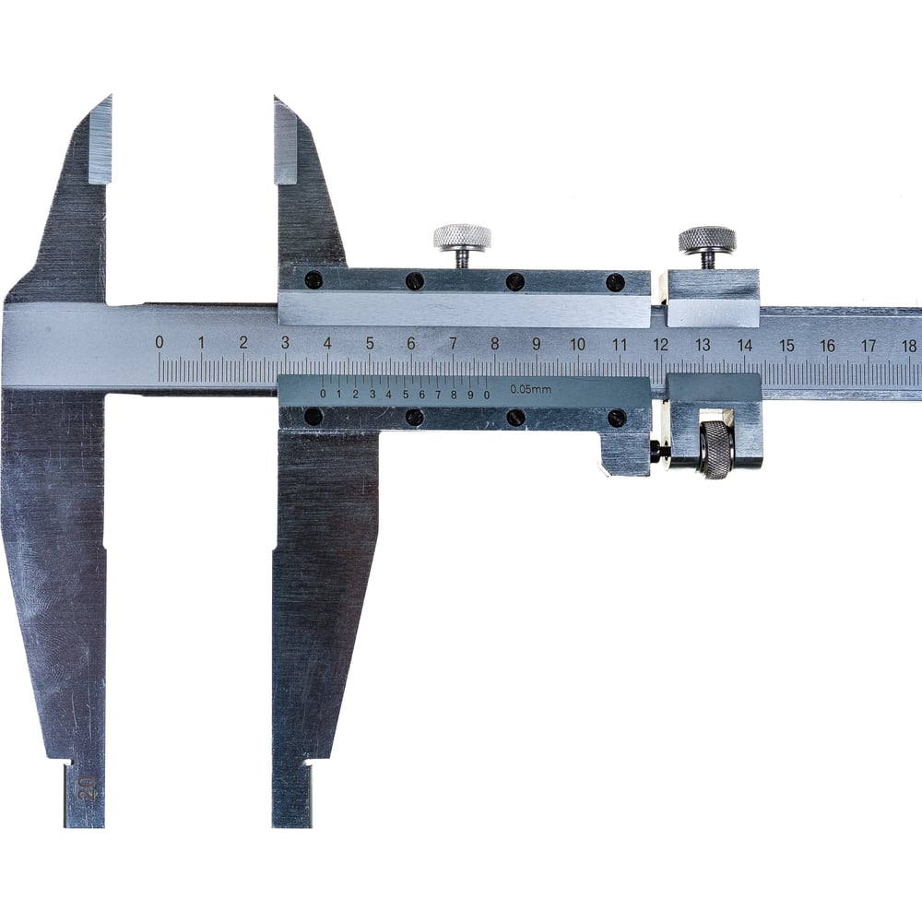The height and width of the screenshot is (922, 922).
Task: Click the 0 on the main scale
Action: tap(159, 342)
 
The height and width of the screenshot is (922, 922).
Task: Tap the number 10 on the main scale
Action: tap(577, 344)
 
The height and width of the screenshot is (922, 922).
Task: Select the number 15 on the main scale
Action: tap(786, 345)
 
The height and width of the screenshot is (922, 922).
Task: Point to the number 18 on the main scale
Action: tap(909, 346)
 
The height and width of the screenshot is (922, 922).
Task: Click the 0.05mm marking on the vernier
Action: tap(530, 389)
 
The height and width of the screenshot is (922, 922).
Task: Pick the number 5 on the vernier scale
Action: tap(405, 395)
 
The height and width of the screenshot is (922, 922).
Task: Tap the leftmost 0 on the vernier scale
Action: tap(323, 394)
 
